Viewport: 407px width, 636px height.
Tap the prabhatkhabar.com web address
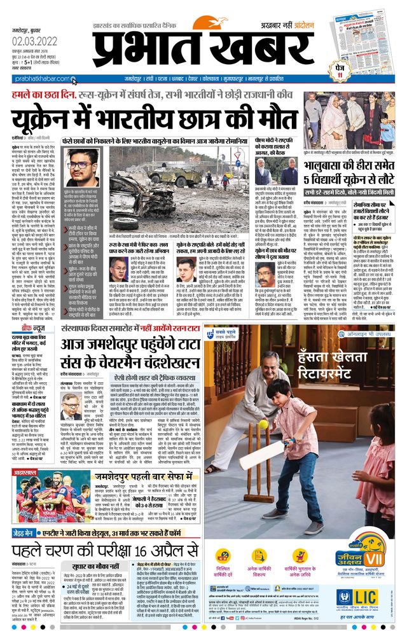pos(36,79)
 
